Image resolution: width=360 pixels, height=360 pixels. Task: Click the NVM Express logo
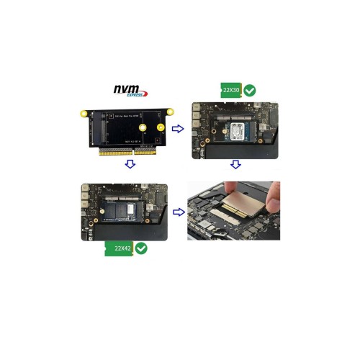tap(130, 91)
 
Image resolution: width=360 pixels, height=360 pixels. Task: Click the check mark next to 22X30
tap(250, 91)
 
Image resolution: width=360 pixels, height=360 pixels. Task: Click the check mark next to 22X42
tap(141, 248)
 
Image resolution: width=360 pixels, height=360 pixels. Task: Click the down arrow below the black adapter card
tap(130, 164)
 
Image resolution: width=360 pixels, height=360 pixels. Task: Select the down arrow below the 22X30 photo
tap(235, 165)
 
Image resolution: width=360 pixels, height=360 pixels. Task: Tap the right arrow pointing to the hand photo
tap(177, 212)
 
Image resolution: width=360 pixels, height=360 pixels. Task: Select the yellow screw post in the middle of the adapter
tap(143, 128)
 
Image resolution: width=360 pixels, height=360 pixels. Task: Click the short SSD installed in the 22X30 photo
tap(238, 132)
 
